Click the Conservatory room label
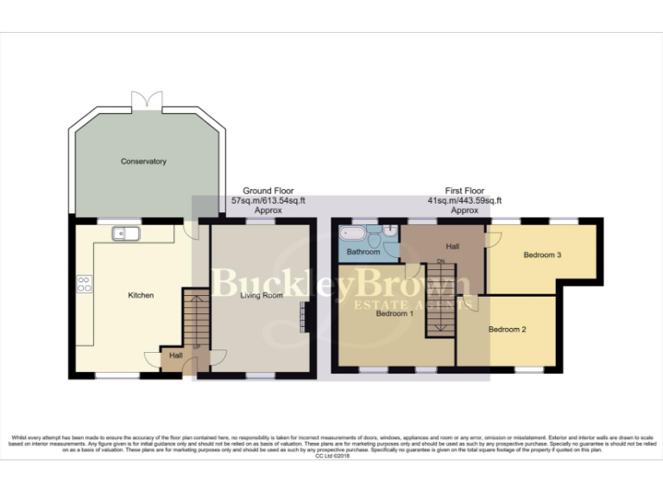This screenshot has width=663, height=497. tap(143, 161)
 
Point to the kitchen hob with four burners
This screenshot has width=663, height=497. tap(85, 284)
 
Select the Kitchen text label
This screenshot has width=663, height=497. tap(141, 295)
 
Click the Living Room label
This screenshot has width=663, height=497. tap(261, 295)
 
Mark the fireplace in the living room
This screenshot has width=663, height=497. tap(302, 316)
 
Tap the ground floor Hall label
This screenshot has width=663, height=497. tap(175, 355)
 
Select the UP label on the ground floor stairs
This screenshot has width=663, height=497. tap(196, 346)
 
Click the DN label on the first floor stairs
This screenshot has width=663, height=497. tap(440, 261)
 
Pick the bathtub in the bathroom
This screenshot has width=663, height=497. tap(355, 234)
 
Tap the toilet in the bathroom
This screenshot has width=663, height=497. tap(390, 231)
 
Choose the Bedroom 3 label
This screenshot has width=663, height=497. tap(542, 255)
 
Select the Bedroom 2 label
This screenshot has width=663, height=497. tap(507, 330)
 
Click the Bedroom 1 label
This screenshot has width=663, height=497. tap(395, 313)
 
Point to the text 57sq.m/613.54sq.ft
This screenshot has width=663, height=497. tap(268, 200)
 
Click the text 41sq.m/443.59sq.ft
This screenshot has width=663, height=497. tap(464, 200)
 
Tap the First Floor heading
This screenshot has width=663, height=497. tap(464, 191)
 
